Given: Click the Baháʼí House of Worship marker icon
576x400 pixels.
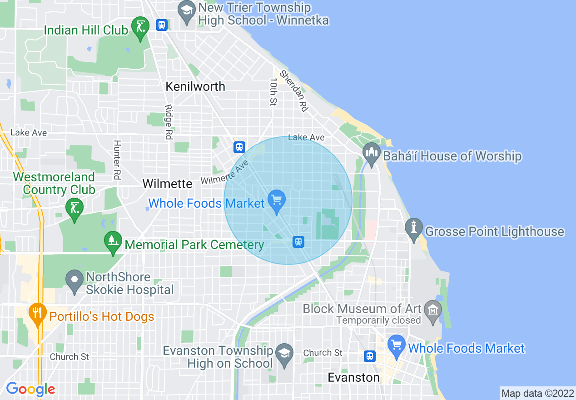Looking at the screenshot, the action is [x=371, y=155].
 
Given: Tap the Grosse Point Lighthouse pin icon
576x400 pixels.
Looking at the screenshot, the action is [x=413, y=230].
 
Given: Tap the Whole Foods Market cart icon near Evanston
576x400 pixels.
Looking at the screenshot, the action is [x=397, y=346].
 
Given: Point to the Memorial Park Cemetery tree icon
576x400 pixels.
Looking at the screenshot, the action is [x=112, y=243].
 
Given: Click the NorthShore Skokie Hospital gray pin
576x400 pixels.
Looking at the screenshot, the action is [x=74, y=281].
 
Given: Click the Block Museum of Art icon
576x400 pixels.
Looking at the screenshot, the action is [x=432, y=311].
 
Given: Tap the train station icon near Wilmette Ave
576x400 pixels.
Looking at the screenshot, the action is [x=239, y=147].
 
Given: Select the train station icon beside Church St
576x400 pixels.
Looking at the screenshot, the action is [x=370, y=356].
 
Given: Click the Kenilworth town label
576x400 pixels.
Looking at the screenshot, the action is [x=195, y=86].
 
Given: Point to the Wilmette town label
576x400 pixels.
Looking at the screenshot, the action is [x=168, y=184].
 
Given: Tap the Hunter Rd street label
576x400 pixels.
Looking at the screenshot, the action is [x=117, y=160].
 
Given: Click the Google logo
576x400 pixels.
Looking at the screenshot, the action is [x=30, y=390].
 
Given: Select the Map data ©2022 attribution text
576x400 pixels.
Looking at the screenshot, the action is [x=536, y=393].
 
